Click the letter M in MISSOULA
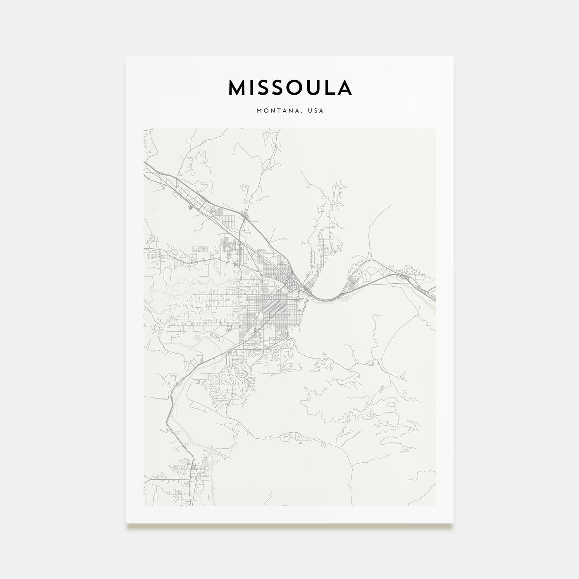(237, 87)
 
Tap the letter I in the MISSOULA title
(252, 87)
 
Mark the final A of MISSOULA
(345, 87)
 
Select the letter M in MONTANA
(259, 111)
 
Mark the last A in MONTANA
(302, 111)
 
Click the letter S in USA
(317, 111)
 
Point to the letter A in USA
(322, 111)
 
